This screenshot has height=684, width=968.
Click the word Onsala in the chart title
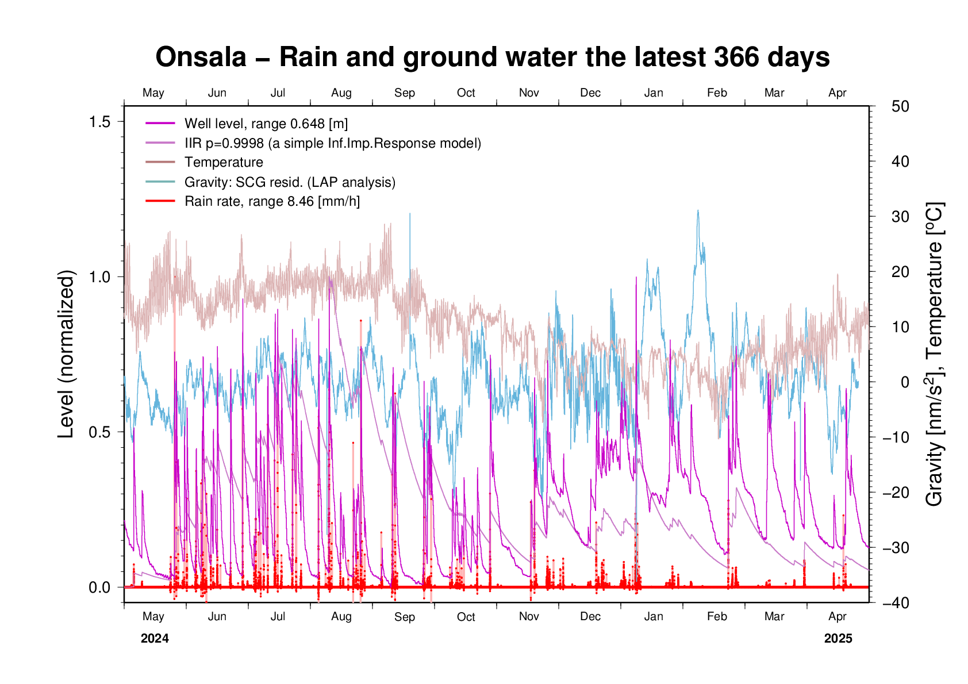(201, 57)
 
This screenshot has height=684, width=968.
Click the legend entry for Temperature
(224, 163)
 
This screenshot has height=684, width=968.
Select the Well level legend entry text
(266, 124)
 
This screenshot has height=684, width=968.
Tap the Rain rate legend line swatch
(160, 201)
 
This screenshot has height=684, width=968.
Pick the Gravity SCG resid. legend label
(290, 182)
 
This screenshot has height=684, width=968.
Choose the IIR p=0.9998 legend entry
(332, 143)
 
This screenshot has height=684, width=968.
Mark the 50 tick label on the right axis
(900, 106)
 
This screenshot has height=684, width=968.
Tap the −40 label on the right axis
(896, 603)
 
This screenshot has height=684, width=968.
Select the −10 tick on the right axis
(896, 437)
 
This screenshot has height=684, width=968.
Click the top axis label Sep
(405, 93)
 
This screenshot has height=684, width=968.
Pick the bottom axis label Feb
(717, 617)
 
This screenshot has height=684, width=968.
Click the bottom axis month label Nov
(529, 617)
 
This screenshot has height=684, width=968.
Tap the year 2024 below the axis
(155, 639)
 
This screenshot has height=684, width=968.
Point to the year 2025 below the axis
(838, 639)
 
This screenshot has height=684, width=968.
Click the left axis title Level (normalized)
(67, 354)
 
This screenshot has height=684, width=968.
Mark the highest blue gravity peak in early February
(698, 211)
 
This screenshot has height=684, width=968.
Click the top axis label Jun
(217, 93)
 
